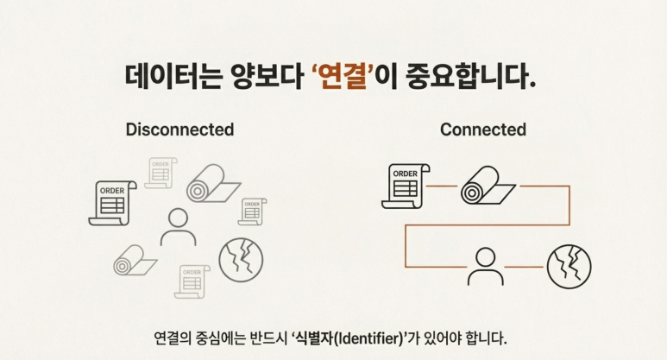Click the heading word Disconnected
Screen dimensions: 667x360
coord(179,129)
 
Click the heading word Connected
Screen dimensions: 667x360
coord(482,129)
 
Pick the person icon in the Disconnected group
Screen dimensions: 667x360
coord(179,226)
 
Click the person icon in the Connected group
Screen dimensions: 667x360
coord(485,266)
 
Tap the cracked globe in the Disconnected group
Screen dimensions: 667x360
coord(241,259)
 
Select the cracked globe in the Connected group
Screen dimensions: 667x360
coord(569,266)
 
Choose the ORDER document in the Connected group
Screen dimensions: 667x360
coord(404,186)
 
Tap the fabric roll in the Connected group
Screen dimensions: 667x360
coord(485,186)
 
